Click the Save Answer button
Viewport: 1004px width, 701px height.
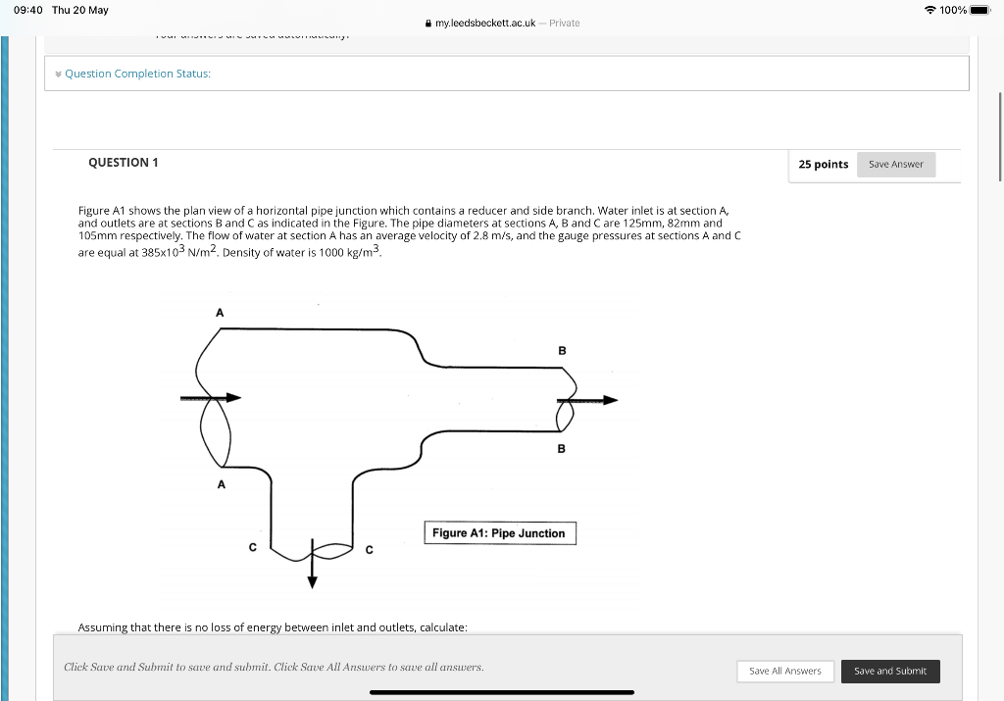896,165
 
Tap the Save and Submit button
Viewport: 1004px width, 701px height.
890,671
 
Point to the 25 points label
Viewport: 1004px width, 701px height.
823,165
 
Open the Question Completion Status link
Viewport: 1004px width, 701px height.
137,74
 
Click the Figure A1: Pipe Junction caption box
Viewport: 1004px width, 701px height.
500,533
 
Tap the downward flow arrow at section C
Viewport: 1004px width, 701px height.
313,566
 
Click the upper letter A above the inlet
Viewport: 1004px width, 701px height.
220,312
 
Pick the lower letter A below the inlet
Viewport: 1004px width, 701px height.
221,484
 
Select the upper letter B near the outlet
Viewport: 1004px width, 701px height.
562,350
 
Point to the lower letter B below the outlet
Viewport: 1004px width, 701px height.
562,449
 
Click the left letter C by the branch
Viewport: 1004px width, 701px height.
252,548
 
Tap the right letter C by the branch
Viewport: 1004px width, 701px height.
369,550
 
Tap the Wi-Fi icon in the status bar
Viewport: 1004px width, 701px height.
929,10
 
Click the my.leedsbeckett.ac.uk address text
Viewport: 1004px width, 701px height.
484,23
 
